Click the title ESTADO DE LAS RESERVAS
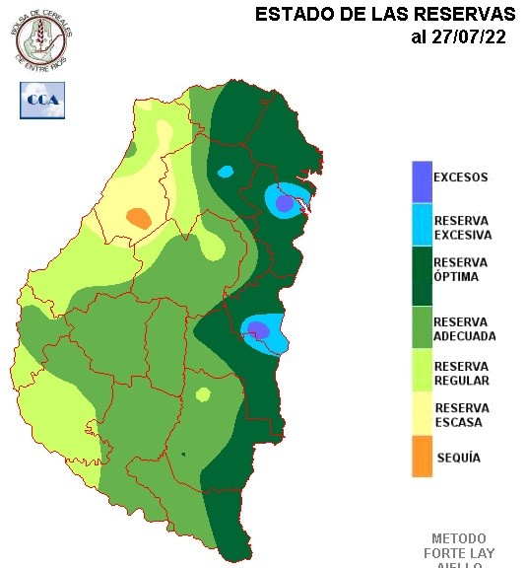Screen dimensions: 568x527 pos(384,15)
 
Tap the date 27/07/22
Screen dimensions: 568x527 pos(458,37)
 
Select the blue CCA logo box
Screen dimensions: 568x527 pos(42,100)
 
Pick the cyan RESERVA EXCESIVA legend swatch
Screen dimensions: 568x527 pos(422,225)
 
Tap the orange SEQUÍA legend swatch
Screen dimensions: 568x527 pos(422,457)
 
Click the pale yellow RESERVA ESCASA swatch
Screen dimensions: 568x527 pos(422,414)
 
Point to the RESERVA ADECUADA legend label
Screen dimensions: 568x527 pos(464,329)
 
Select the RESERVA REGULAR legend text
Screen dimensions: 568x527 pos(461,373)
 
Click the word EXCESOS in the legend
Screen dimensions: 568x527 pos(461,178)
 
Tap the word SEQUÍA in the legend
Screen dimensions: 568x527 pos(458,458)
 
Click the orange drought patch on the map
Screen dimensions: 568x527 pos(139,218)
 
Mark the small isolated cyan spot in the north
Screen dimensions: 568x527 pos(226,172)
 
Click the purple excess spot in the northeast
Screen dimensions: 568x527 pos(284,204)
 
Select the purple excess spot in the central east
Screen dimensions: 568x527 pos(256,329)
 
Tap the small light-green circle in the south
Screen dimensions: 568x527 pos(203,395)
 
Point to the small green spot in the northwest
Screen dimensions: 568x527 pos(130,149)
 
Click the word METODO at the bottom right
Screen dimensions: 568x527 pos(458,538)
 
